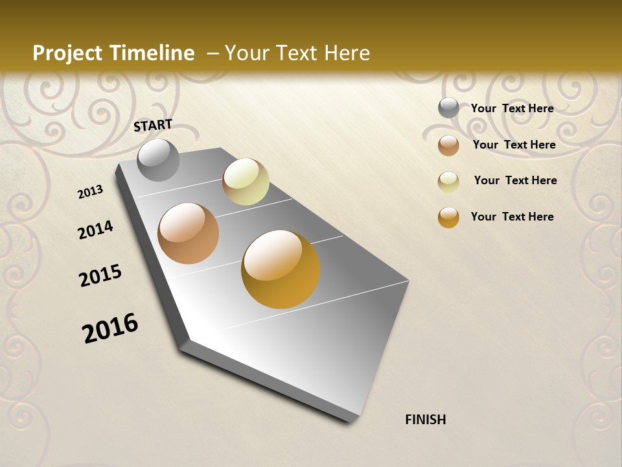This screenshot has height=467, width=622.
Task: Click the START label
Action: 153,125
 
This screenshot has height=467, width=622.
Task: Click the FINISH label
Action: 425,420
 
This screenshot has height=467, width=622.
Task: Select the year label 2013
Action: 90,192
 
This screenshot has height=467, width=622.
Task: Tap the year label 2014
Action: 95,230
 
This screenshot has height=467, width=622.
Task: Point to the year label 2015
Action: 100,276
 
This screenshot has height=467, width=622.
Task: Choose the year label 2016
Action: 110,328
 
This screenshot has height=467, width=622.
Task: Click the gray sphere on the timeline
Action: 158,160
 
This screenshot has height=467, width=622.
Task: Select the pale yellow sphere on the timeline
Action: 246,182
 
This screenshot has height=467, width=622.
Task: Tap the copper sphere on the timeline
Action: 188,233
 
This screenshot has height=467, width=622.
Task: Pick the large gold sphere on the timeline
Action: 281,269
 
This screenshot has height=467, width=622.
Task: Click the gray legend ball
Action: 448,108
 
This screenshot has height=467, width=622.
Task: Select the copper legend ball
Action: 448,145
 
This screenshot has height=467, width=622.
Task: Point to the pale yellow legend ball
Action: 448,182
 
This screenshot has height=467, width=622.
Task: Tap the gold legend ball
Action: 448,217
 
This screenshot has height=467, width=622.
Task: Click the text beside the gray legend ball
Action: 512,108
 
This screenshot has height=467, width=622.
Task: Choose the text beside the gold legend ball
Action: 512,217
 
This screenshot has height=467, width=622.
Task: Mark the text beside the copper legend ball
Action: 514,145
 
